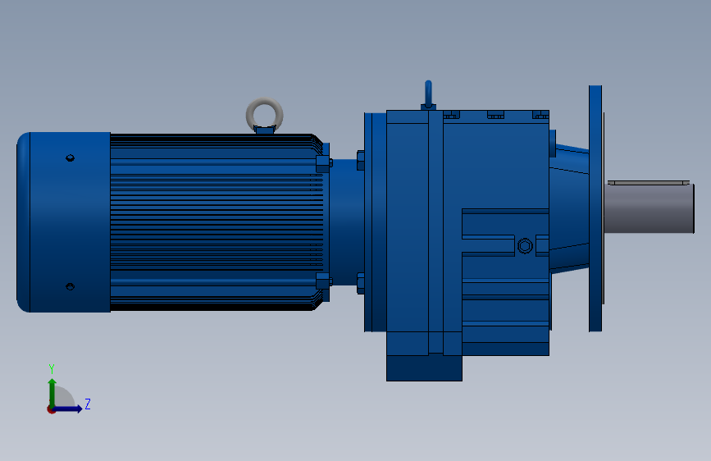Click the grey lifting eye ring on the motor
(x=265, y=113)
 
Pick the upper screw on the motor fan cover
(x=70, y=157)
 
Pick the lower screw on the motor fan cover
(x=70, y=286)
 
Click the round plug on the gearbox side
(x=525, y=245)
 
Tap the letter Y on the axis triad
(x=51, y=368)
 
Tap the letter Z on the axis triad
(x=87, y=404)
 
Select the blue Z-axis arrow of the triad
(x=70, y=409)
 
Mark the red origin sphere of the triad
(x=52, y=409)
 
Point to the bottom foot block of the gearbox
(x=424, y=367)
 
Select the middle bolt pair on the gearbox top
(x=495, y=115)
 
